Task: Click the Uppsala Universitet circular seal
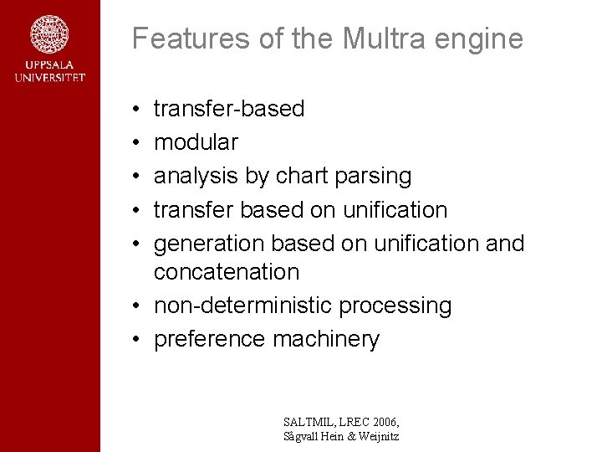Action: (49, 34)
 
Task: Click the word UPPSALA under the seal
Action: (49, 65)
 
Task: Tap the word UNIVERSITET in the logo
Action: (49, 78)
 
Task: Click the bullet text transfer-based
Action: (229, 109)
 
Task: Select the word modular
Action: (196, 142)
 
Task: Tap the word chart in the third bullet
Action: (301, 176)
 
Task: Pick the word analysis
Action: (196, 176)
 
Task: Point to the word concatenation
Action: (226, 272)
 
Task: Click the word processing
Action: (395, 306)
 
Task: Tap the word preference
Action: (210, 339)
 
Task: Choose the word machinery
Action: (326, 339)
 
